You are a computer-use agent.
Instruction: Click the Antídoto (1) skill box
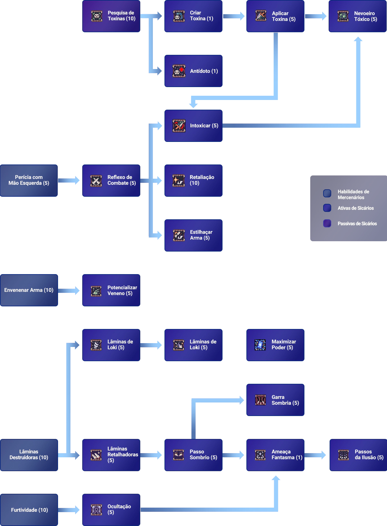(x=193, y=71)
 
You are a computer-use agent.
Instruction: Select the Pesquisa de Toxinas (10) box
(x=111, y=16)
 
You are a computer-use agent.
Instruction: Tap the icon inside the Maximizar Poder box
(x=260, y=344)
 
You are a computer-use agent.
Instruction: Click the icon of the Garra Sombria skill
(x=260, y=400)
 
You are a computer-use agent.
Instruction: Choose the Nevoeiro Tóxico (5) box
(x=357, y=16)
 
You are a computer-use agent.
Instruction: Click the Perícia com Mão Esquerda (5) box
(x=29, y=180)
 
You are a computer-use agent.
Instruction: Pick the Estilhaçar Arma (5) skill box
(x=193, y=235)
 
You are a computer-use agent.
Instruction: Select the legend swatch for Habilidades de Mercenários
(x=327, y=193)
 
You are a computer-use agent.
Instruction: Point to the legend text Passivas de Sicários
(x=357, y=223)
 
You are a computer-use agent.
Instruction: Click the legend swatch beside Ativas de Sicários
(x=327, y=208)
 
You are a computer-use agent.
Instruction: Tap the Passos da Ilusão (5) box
(x=357, y=455)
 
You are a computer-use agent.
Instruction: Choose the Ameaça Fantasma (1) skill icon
(x=260, y=455)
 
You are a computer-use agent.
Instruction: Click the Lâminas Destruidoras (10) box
(x=29, y=455)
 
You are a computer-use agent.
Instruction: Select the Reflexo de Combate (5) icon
(x=96, y=181)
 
